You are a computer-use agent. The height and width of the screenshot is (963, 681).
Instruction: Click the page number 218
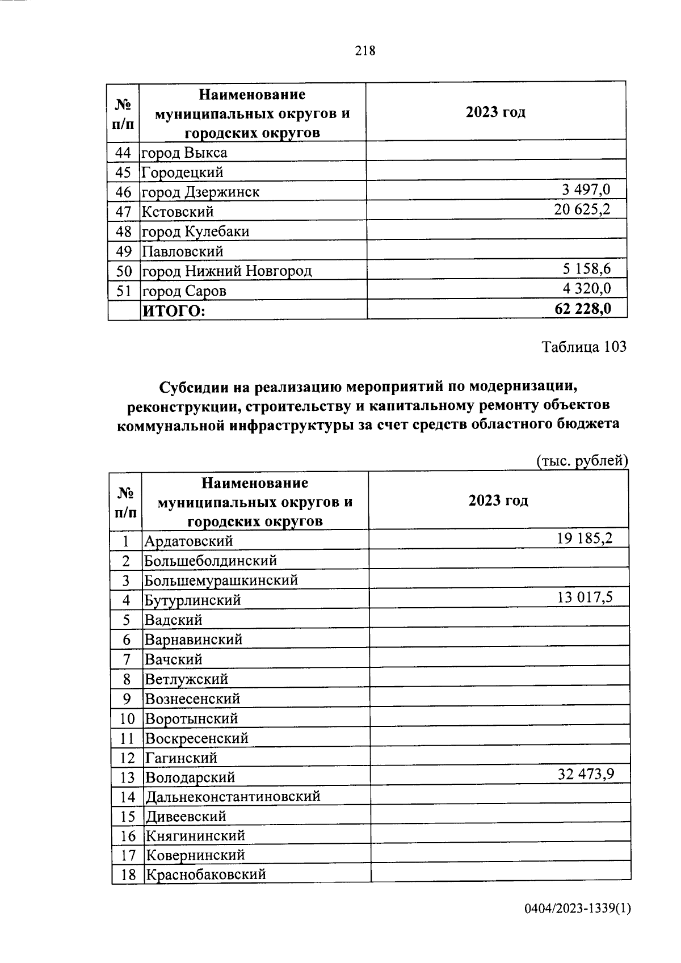tap(365, 51)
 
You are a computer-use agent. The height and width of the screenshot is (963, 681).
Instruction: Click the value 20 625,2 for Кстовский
tap(582, 210)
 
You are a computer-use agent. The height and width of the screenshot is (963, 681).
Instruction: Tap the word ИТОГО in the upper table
tap(173, 311)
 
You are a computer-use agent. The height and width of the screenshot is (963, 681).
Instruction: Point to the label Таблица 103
tap(584, 346)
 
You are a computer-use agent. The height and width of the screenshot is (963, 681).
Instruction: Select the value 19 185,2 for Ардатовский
tap(585, 538)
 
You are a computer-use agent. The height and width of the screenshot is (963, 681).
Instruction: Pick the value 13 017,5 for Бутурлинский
tap(585, 597)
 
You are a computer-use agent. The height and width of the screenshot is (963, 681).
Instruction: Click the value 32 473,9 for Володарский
tap(586, 774)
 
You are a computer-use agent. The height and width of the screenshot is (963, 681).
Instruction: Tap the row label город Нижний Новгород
tap(227, 271)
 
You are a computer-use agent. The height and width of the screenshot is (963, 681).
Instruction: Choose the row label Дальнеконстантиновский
tap(233, 797)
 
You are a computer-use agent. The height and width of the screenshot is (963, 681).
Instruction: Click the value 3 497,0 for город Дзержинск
tap(586, 190)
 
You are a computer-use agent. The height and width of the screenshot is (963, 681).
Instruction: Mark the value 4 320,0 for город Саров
tap(587, 289)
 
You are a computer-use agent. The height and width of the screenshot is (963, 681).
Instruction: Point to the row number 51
tap(124, 291)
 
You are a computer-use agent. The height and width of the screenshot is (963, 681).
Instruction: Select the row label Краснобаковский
tap(205, 874)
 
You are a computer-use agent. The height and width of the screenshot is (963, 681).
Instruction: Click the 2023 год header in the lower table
tap(498, 501)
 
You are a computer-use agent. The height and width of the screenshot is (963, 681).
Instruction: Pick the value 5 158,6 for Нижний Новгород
tap(587, 269)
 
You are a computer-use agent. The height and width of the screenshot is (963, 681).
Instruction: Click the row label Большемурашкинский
tap(221, 581)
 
